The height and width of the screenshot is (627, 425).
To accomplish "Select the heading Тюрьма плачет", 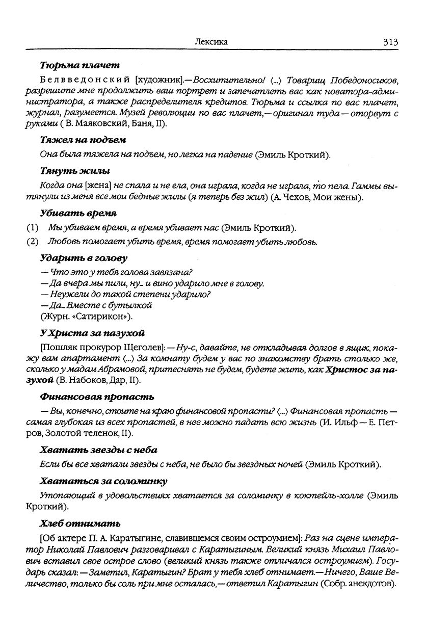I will pos(79,66).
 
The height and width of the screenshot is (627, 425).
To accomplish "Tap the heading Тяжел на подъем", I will pos(83,140).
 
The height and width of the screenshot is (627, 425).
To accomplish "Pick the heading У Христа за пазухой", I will pos(92,333).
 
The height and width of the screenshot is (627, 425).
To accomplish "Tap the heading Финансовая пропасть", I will pos(97,396).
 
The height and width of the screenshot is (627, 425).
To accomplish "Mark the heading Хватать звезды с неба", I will pos(98,450).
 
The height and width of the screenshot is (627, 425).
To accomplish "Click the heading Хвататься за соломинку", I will pos(103,481).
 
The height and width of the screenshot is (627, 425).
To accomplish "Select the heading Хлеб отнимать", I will pos(80,524).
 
